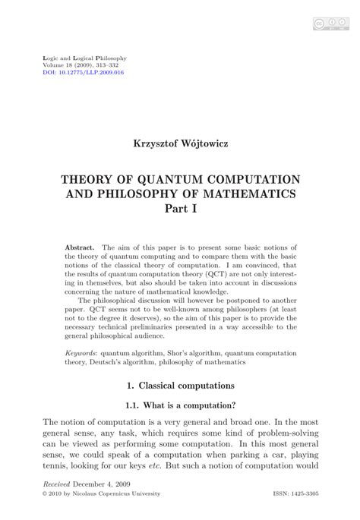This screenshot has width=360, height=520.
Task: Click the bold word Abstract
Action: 80,247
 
